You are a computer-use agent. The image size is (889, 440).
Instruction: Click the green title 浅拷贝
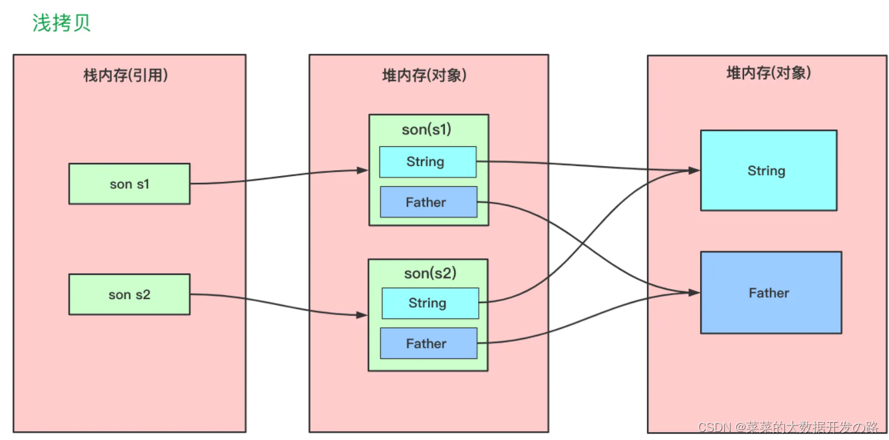(61, 23)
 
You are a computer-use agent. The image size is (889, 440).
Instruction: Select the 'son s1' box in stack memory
(129, 184)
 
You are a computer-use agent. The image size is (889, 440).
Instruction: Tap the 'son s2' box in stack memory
(129, 294)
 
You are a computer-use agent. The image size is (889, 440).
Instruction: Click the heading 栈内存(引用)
(125, 76)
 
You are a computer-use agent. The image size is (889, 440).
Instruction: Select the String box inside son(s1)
(428, 162)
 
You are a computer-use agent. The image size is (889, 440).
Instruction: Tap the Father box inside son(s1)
(428, 203)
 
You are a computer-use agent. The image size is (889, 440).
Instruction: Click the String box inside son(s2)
(430, 303)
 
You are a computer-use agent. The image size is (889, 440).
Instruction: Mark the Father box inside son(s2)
(428, 344)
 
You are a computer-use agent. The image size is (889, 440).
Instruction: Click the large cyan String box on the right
(768, 171)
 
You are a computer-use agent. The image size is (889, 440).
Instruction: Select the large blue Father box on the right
(771, 292)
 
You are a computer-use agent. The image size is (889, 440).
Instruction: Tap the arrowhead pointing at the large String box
(694, 171)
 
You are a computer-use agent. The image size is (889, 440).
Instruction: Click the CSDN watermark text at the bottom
(788, 427)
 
